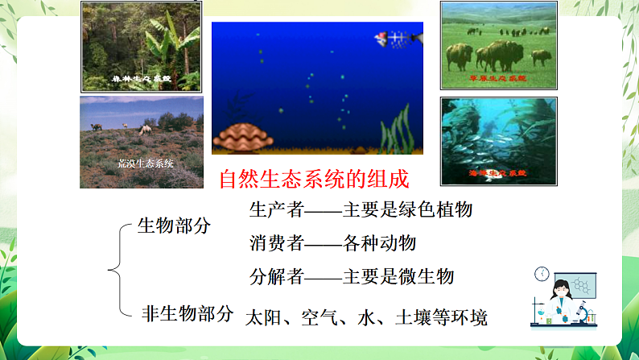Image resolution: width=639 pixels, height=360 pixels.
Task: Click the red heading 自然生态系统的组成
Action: (314, 178)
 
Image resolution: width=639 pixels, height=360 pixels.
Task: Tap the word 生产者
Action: (276, 210)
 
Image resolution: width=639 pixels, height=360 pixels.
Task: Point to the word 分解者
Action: (276, 277)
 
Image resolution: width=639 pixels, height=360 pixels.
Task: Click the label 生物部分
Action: (174, 226)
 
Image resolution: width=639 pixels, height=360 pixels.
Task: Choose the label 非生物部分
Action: (187, 313)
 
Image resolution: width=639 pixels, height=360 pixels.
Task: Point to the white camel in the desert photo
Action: (147, 128)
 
